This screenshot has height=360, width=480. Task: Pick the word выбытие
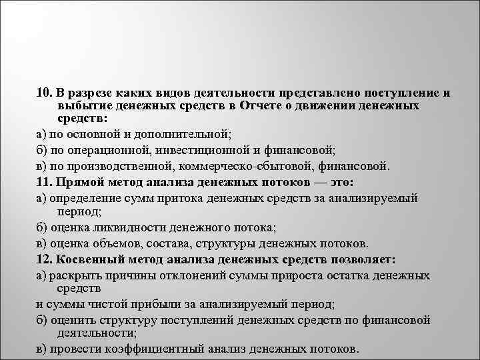[75, 106]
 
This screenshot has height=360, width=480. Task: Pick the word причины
[132, 275]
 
